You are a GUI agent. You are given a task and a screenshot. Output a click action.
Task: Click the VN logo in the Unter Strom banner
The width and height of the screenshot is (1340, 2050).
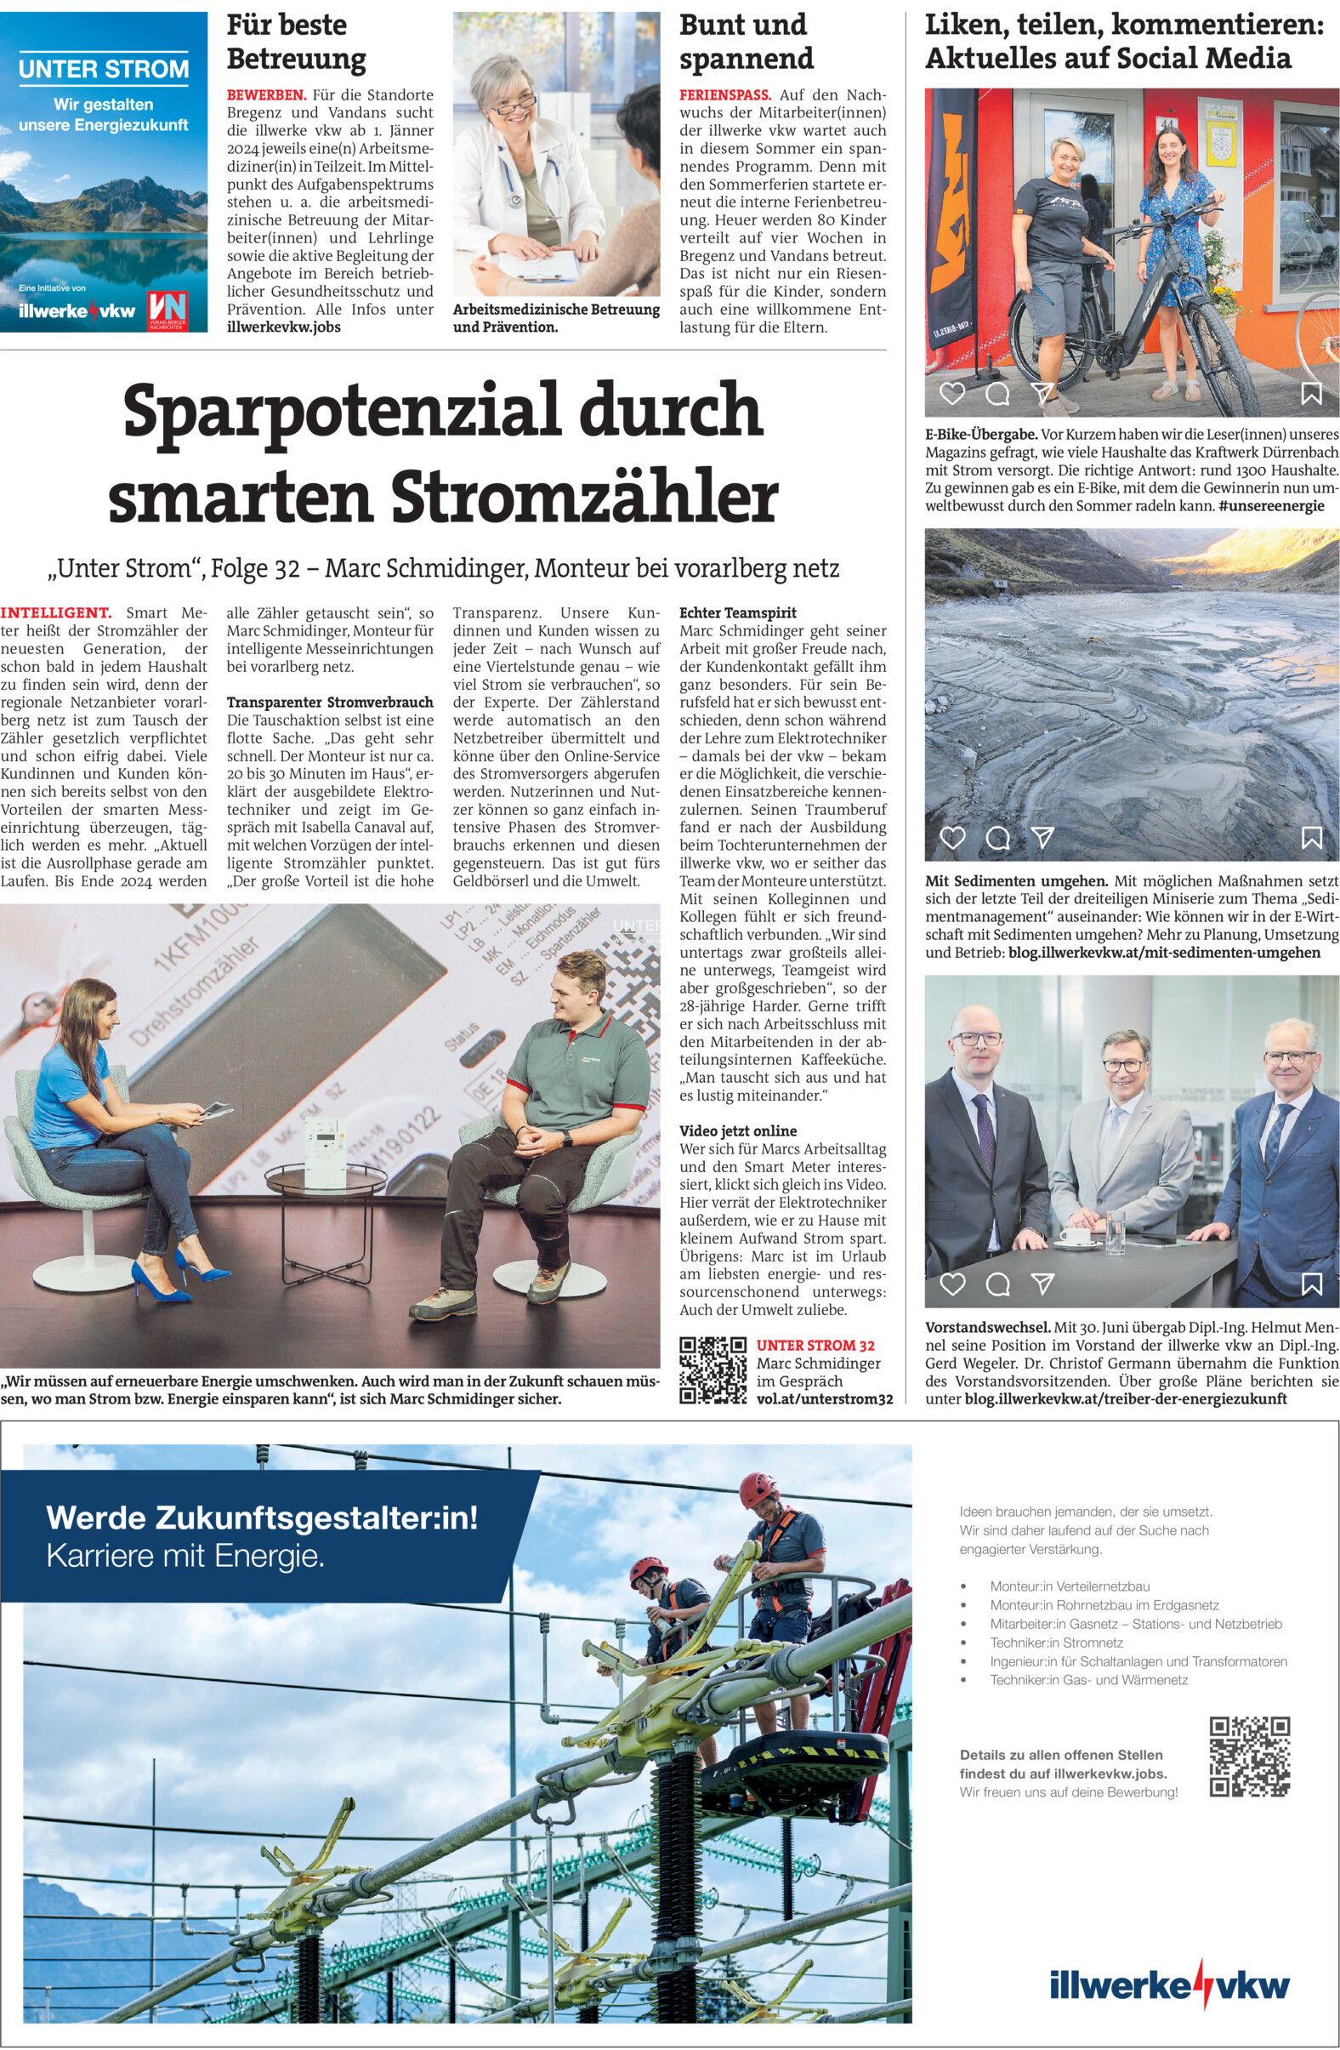[x=169, y=310]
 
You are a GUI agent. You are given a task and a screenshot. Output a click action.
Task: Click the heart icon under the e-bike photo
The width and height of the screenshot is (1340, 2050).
[x=951, y=394]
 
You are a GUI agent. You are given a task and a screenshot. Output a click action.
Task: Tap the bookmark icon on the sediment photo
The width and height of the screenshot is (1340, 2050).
[x=1311, y=837]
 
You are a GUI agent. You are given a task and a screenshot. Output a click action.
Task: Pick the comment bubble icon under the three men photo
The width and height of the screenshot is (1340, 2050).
[x=997, y=1285]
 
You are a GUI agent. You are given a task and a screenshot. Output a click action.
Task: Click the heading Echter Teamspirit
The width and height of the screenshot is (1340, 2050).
[x=737, y=612]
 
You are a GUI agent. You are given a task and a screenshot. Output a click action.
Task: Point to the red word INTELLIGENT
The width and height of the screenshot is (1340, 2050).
[x=56, y=613]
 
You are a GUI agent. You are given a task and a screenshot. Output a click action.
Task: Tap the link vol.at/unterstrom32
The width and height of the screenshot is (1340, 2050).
[x=823, y=1399]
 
